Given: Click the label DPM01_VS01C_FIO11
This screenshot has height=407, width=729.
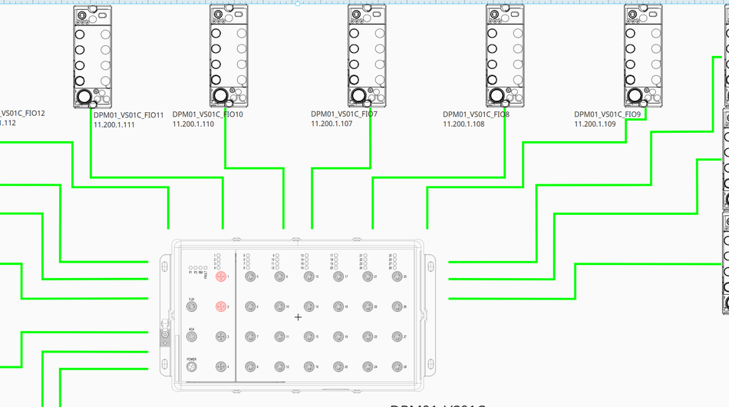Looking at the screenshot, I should pyautogui.click(x=129, y=115).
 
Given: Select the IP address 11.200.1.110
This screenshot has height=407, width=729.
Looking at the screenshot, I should pyautogui.click(x=193, y=124).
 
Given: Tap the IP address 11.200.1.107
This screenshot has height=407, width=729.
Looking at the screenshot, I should pyautogui.click(x=332, y=124).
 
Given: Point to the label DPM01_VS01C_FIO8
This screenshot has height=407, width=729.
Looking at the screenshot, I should pyautogui.click(x=476, y=114).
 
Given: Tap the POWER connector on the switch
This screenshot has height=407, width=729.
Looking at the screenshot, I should pyautogui.click(x=192, y=366).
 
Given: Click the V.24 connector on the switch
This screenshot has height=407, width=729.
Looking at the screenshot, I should pyautogui.click(x=192, y=306).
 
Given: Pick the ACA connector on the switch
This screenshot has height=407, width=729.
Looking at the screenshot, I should pyautogui.click(x=192, y=336).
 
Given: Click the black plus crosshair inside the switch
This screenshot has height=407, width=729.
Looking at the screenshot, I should pyautogui.click(x=299, y=316).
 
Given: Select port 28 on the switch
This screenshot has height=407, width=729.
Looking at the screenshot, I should pyautogui.click(x=397, y=366).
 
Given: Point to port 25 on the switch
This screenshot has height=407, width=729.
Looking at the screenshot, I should pyautogui.click(x=397, y=276).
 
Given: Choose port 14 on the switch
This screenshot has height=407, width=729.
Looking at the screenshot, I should pyautogui.click(x=308, y=306).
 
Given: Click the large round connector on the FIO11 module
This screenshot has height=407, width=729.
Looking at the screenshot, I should pyautogui.click(x=83, y=96).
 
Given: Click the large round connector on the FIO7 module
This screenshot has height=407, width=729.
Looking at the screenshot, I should pyautogui.click(x=358, y=95).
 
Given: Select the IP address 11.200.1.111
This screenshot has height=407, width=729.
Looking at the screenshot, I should pyautogui.click(x=114, y=124).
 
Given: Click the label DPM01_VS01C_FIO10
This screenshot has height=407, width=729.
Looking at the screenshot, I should pyautogui.click(x=208, y=114).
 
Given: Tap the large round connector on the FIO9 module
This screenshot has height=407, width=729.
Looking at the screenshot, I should pyautogui.click(x=634, y=95).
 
